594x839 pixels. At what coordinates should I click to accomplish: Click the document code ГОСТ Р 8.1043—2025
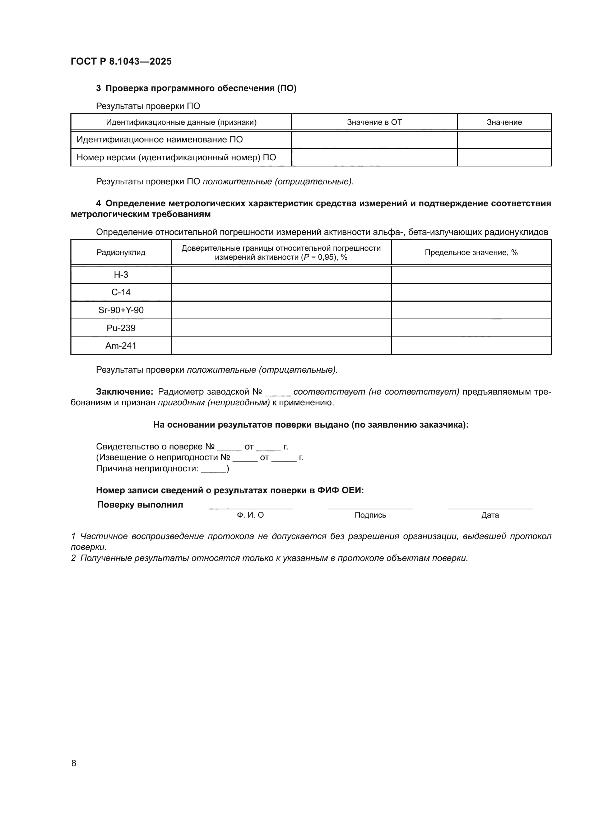coord(121,61)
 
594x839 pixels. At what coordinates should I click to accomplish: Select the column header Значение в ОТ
coord(374,122)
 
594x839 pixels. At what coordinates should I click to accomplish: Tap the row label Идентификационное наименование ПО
coord(159,140)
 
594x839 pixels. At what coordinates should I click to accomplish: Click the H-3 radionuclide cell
coord(121,274)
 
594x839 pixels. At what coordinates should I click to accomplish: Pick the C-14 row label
coord(121,292)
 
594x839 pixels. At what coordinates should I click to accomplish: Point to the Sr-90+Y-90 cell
coord(121,310)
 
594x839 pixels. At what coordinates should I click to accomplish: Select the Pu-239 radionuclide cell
coord(121,328)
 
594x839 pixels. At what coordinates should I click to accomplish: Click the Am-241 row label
coord(121,345)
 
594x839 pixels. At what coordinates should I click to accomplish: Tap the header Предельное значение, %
coord(471,253)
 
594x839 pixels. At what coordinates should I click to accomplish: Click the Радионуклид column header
coord(121,253)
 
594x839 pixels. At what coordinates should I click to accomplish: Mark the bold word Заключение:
coord(124,392)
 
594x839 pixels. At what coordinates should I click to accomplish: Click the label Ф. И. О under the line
coord(250,515)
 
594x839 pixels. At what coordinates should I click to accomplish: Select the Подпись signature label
coord(370,515)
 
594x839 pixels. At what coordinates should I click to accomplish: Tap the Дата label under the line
coord(490,515)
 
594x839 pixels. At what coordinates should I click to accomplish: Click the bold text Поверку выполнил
coord(140,505)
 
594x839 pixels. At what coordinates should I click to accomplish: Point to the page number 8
coord(74,763)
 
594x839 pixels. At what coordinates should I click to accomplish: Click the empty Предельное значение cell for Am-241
coord(471,345)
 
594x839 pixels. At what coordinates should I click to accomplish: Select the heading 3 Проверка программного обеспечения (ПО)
coord(196,88)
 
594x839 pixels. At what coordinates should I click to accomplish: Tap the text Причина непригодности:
coord(147,468)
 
